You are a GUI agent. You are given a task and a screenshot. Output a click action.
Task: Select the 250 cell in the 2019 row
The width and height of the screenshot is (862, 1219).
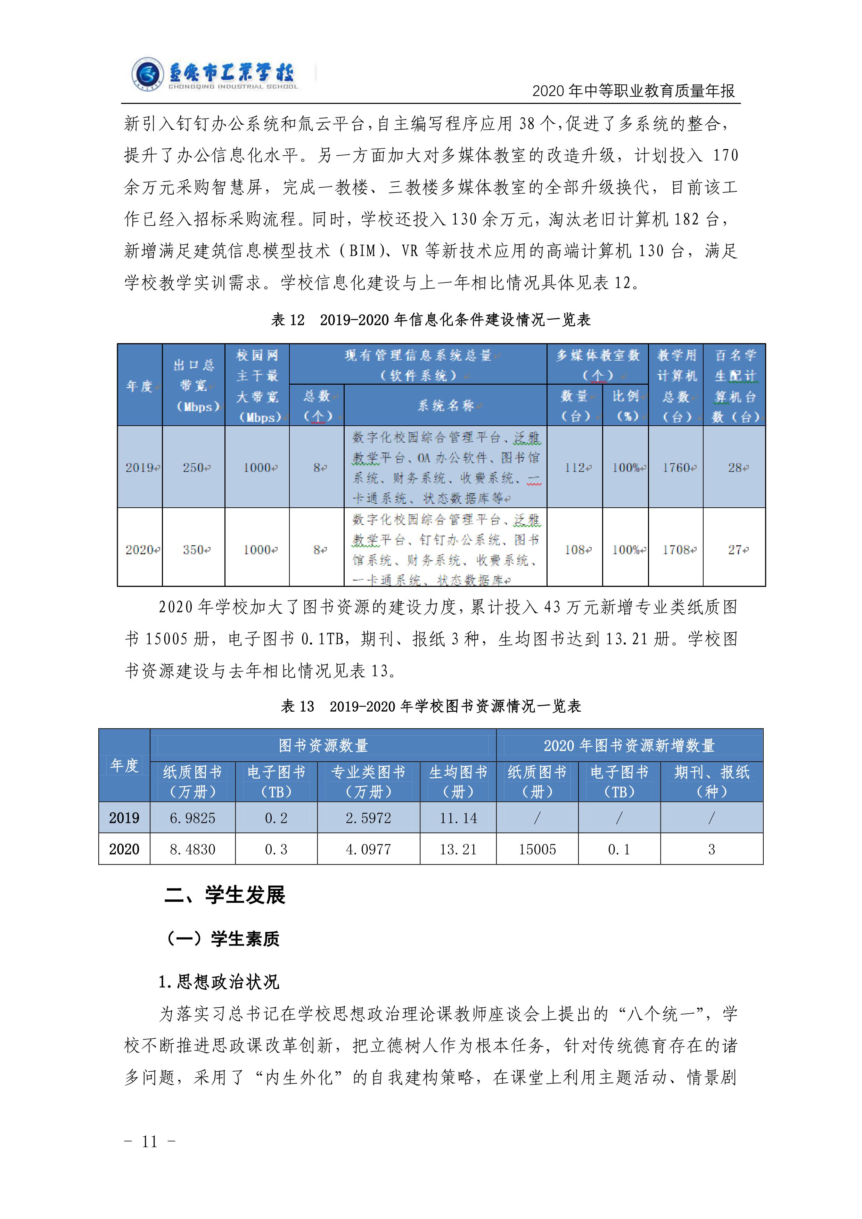coord(194,468)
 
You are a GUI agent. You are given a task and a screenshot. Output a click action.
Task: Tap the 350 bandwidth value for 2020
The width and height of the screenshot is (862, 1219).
coord(194,549)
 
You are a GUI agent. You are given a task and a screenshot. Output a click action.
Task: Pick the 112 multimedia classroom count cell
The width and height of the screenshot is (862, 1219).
coord(575,468)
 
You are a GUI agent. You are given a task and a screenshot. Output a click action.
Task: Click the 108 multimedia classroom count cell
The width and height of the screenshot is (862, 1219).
coord(575,549)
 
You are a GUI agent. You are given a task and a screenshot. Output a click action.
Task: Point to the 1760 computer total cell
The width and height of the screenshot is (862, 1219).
coord(676,468)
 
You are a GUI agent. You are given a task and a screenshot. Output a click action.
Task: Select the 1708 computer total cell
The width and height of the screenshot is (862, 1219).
coord(676,549)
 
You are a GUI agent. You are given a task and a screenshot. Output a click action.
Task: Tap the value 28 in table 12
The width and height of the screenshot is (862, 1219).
coord(734,468)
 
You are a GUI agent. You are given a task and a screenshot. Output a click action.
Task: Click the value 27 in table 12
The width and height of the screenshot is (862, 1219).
coord(734,549)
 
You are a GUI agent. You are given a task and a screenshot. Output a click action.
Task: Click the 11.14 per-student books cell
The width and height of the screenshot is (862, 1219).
coord(458,818)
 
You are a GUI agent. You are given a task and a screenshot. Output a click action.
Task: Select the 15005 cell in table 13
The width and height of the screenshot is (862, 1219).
coord(537,850)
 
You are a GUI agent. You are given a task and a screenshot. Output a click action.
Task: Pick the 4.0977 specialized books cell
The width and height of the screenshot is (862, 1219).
coord(368,850)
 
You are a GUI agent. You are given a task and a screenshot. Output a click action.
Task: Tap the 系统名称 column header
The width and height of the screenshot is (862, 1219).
coord(445,406)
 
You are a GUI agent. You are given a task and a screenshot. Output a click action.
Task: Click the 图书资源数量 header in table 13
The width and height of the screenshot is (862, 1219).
coord(323,745)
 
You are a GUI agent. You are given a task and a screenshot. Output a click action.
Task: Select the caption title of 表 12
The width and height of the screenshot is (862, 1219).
coord(430,320)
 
